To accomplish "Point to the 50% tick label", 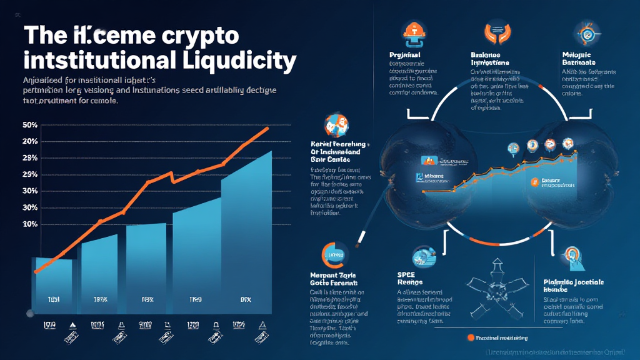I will click(x=30, y=125).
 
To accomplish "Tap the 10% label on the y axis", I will click(x=30, y=224).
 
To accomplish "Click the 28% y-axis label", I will click(x=30, y=157).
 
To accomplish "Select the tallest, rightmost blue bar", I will click(x=246, y=237).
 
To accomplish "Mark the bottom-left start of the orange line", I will click(x=36, y=271).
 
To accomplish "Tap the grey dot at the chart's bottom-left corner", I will click(x=29, y=312).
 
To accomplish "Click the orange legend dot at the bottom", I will click(x=470, y=337).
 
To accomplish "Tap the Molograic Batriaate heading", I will click(x=578, y=58).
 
